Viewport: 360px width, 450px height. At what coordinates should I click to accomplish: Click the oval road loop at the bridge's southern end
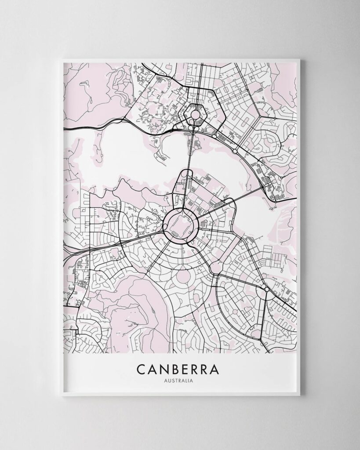(182, 180)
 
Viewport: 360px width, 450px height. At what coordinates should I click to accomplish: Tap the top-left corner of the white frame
(62, 60)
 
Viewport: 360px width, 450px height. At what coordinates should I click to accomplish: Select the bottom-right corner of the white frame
(300, 395)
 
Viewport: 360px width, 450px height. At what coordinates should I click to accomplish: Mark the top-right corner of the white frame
(300, 60)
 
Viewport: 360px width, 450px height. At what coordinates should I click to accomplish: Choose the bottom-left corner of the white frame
(62, 395)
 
